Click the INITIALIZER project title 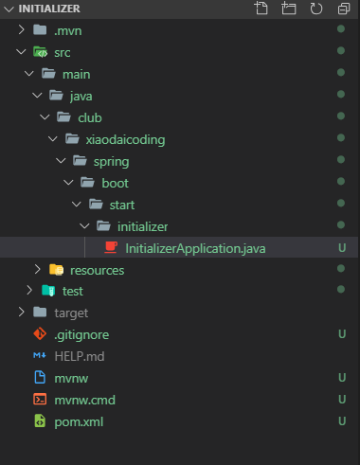coord(50,9)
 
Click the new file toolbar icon coord(262,9)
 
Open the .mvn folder coord(67,30)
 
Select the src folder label coord(63,52)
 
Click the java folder coord(81,96)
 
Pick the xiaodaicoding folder coord(124,139)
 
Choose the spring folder coord(111,161)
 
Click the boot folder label coord(116,183)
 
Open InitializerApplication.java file coord(196,248)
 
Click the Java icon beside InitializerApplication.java coord(111,248)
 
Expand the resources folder coord(97,270)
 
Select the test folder coord(72,292)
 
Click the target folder coord(71,313)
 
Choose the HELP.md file coord(77,356)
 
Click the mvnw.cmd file coord(84,400)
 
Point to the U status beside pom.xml coord(340,421)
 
